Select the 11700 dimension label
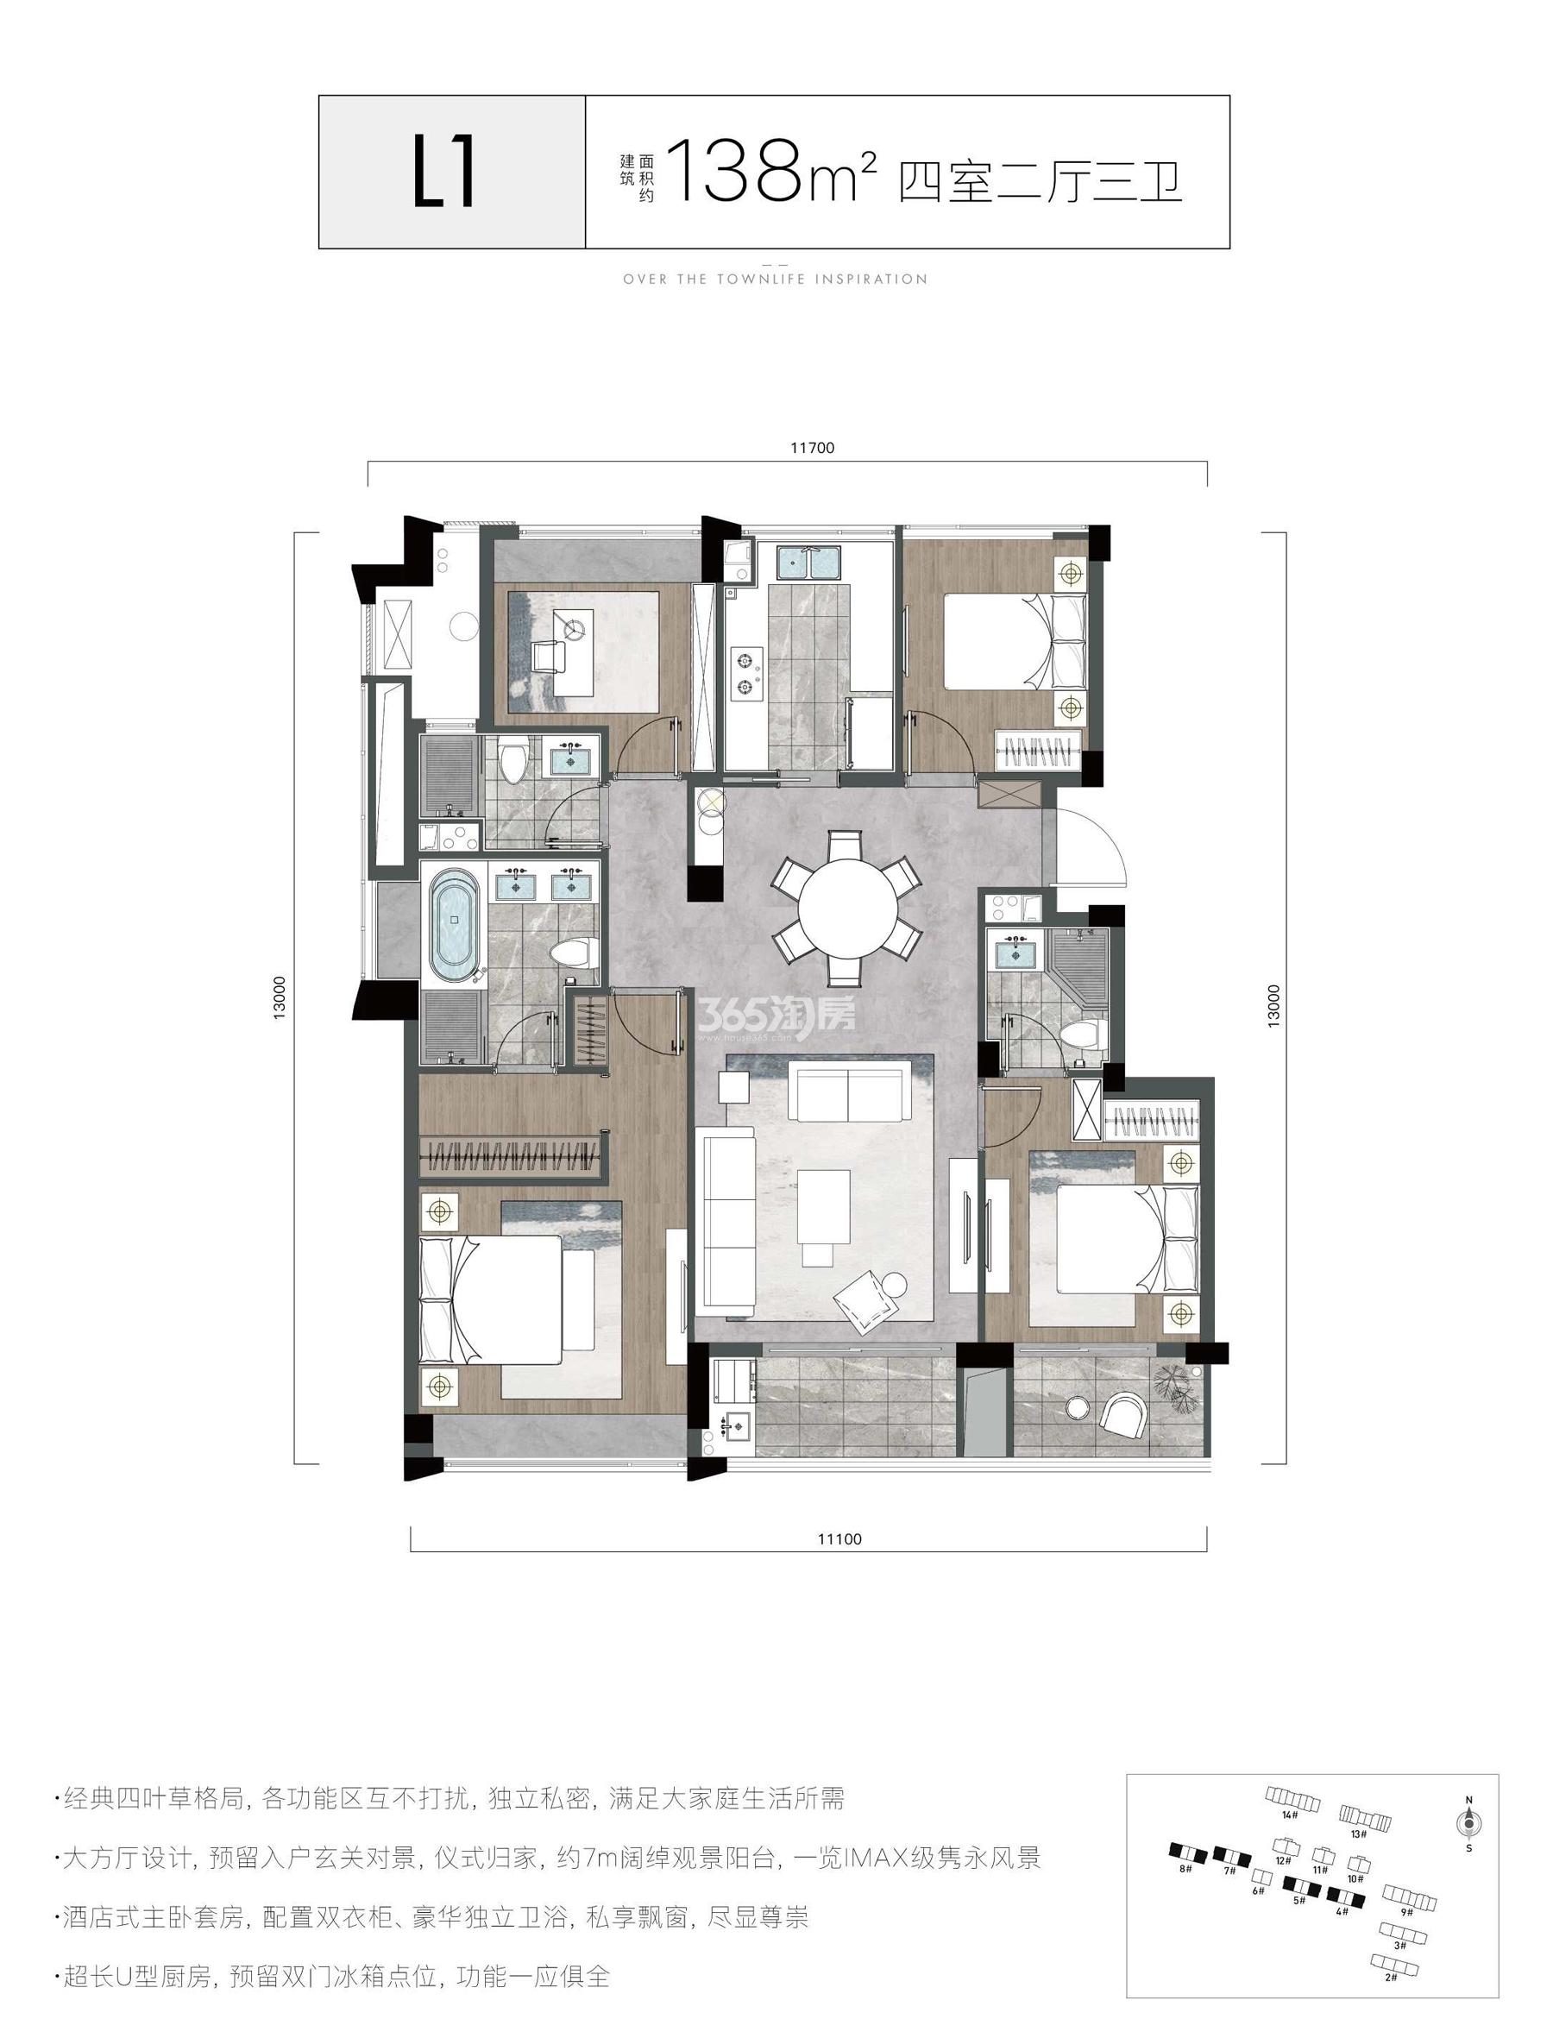coord(814,449)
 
